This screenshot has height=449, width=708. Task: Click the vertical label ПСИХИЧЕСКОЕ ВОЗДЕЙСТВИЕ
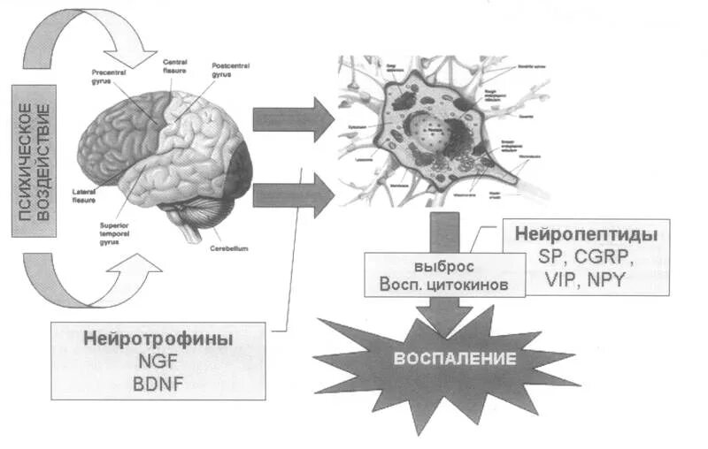point(28,161)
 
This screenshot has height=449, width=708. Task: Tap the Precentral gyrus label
point(109,78)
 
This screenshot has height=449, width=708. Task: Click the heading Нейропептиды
point(585,236)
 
